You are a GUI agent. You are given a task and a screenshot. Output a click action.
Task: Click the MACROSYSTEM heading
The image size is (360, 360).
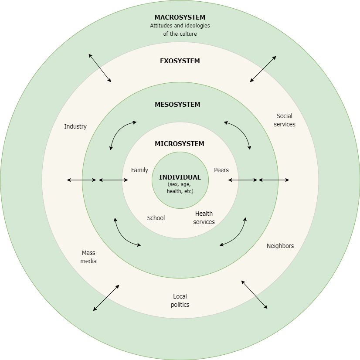click(x=180, y=17)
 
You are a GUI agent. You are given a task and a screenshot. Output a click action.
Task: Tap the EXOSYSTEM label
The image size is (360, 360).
click(x=180, y=61)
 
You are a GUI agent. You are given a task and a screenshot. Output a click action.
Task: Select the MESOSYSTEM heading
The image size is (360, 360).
click(x=177, y=105)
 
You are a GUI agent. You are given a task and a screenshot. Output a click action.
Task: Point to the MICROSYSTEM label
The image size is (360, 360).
click(x=179, y=144)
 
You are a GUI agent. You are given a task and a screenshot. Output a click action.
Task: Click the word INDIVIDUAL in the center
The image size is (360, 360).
click(x=180, y=177)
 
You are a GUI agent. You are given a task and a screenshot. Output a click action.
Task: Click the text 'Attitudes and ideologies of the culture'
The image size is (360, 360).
click(x=180, y=30)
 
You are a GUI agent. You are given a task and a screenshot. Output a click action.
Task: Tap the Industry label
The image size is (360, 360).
click(x=75, y=126)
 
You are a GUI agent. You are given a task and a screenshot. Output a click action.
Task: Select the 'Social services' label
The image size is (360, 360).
click(x=284, y=120)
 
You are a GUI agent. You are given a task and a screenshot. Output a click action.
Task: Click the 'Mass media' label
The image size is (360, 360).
click(x=88, y=257)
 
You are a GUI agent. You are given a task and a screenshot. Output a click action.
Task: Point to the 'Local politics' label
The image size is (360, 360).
click(x=180, y=300)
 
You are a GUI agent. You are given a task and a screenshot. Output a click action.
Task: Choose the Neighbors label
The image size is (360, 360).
click(x=280, y=246)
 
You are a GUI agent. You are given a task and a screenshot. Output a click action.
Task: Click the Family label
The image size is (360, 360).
click(x=139, y=170)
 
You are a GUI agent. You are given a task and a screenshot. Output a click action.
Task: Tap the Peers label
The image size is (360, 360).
click(x=221, y=170)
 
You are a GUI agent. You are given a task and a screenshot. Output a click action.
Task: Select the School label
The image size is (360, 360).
click(x=156, y=218)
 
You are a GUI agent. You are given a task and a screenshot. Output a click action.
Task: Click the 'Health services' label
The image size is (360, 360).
click(x=204, y=217)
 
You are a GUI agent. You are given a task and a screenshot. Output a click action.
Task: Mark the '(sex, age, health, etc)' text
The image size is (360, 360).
click(x=180, y=188)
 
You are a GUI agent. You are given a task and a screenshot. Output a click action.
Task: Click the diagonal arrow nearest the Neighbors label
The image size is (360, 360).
click(x=254, y=295)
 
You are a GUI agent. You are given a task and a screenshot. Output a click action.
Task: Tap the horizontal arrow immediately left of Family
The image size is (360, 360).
click(x=113, y=180)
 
